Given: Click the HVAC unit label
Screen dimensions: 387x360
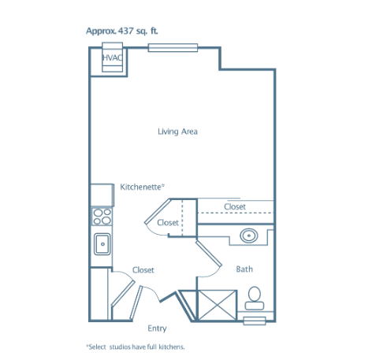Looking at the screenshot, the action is tap(112, 58).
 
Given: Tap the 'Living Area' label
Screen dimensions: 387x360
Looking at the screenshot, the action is tap(177, 132).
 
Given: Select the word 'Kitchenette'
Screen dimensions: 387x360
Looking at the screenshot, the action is tap(140, 187).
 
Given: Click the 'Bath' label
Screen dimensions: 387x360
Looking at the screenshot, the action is tap(244, 269).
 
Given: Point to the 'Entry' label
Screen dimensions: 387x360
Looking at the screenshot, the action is tap(157, 328).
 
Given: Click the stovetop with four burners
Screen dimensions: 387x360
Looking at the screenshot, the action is tap(102, 217).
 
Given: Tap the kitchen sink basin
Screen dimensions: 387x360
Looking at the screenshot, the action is tap(102, 244).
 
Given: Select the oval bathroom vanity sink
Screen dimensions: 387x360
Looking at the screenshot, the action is tap(248, 236).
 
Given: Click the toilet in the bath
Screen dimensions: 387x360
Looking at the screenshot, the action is tap(255, 298).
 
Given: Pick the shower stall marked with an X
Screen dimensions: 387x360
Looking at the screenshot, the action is tap(217, 305).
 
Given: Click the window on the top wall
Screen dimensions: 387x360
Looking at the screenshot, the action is tap(173, 48).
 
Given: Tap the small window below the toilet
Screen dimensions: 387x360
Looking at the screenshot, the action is tap(255, 321).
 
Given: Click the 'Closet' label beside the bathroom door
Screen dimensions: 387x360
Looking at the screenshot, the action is tap(168, 223).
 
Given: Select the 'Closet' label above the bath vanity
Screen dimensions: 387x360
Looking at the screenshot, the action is tap(235, 206).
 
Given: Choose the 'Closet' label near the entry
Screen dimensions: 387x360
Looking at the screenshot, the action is tap(143, 270).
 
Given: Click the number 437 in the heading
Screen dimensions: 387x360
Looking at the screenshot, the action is tap(126, 31).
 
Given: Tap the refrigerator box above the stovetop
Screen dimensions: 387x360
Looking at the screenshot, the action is tap(102, 195).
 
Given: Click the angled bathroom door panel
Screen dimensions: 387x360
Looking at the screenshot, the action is tap(209, 254).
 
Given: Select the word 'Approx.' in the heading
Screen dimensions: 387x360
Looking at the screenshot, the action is tap(101, 32).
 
